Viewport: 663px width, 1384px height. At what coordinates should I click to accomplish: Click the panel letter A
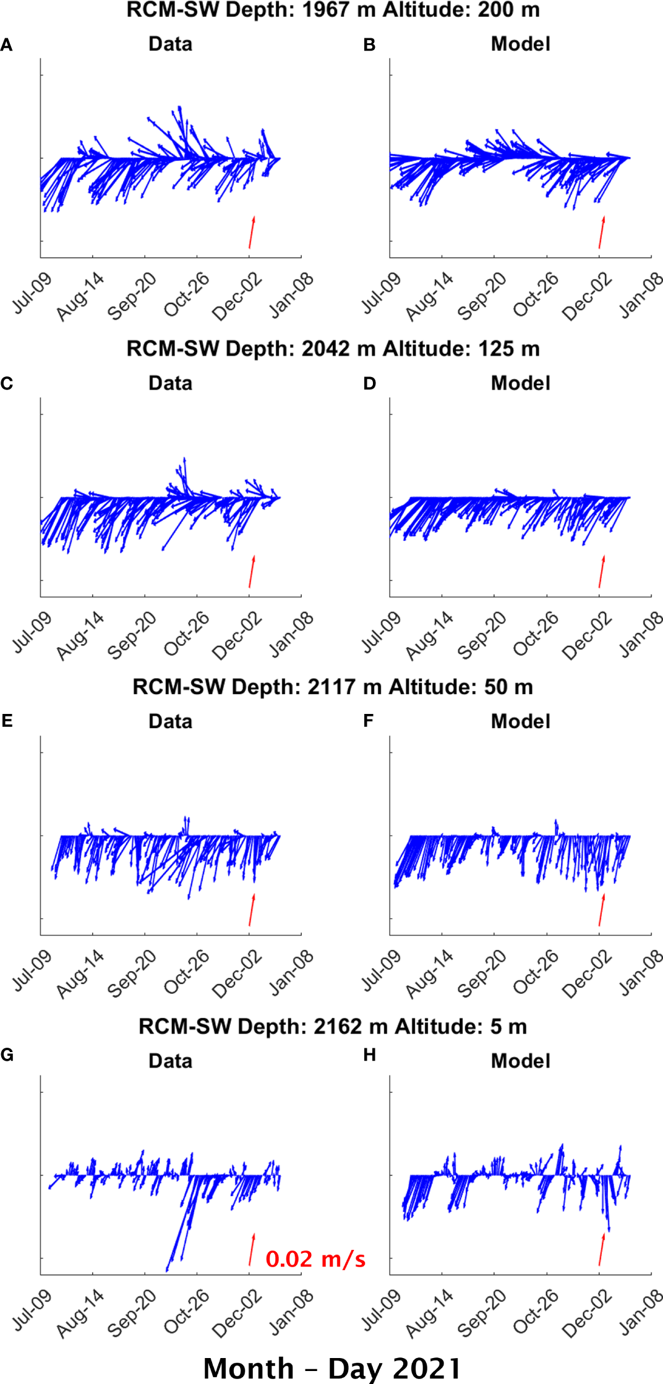(x=6, y=45)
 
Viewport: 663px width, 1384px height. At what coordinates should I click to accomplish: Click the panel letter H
(x=369, y=1055)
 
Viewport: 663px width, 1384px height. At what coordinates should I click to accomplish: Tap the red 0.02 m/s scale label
(x=315, y=1259)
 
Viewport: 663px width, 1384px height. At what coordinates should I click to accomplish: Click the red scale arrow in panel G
(x=252, y=1250)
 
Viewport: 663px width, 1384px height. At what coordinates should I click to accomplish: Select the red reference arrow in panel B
(x=601, y=232)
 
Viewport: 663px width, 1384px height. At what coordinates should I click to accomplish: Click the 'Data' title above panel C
(x=170, y=383)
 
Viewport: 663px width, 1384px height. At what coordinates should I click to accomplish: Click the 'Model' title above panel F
(x=520, y=721)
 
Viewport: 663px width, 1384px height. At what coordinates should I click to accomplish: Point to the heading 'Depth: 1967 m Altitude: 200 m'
(x=333, y=11)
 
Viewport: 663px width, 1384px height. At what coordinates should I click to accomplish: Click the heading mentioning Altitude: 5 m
(x=333, y=1027)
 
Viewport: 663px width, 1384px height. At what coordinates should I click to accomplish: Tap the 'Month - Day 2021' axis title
(x=332, y=1368)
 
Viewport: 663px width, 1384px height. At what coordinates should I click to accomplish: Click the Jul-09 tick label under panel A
(x=32, y=293)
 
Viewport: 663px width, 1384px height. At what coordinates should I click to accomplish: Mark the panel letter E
(x=7, y=721)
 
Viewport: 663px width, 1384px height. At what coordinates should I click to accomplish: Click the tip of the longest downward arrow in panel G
(x=167, y=1271)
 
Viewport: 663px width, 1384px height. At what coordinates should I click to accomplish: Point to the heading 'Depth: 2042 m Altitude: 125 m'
(x=333, y=349)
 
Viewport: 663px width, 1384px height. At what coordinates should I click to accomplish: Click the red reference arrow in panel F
(x=601, y=910)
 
